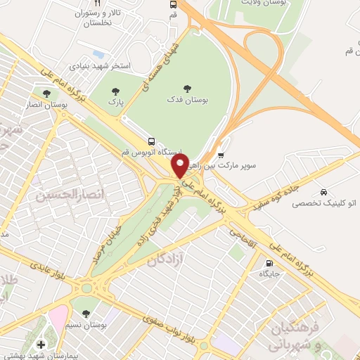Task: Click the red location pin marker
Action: [181, 166]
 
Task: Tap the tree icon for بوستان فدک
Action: [187, 89]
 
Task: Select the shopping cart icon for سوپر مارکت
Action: [221, 155]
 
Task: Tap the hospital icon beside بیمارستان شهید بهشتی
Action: [41, 344]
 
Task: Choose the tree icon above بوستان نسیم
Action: [86, 313]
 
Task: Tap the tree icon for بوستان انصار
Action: [46, 93]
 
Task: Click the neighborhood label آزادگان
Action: [168, 261]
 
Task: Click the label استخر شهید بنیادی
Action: [101, 65]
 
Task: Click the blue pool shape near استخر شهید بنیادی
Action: [98, 54]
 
